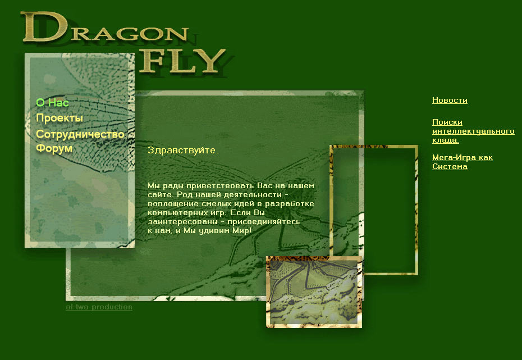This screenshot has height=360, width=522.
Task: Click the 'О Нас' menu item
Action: (52, 103)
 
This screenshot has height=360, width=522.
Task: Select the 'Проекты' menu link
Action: (59, 118)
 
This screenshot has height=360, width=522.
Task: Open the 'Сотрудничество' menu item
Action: (80, 134)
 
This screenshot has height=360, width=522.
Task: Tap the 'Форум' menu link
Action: (54, 149)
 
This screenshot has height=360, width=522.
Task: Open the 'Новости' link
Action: (450, 101)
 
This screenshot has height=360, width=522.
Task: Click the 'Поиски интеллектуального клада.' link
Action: (473, 131)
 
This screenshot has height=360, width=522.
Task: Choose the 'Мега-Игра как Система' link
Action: (462, 162)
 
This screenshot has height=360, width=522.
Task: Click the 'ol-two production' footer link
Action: (99, 307)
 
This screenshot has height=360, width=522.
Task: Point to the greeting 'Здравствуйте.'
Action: (182, 151)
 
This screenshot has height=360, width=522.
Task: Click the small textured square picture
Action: (314, 291)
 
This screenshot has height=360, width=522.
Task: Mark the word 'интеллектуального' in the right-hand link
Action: (473, 131)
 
